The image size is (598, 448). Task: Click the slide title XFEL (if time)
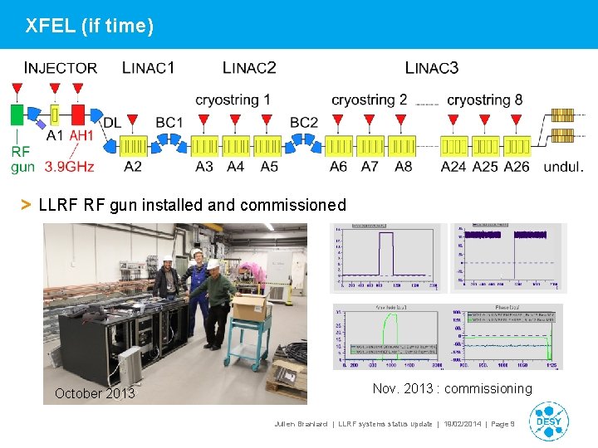pos(90,26)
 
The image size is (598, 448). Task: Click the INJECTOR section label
pos(61,68)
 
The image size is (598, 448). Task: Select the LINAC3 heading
pos(432,68)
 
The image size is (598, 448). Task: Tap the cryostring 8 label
pos(485,100)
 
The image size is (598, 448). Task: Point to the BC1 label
pos(169,123)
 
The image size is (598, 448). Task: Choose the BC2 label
pos(304,123)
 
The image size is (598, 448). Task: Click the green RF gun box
pos(16,114)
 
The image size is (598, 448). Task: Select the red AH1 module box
pos(79,114)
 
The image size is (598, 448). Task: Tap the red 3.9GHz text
pos(70,166)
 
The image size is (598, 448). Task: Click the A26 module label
pos(517,166)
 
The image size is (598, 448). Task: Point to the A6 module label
pos(338,166)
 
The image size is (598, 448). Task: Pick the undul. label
pos(564,166)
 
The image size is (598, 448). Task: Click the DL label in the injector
pos(112,123)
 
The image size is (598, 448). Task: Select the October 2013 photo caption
pos(95,393)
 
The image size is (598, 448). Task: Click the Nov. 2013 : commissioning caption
pos(453,388)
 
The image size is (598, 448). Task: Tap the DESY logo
pos(548,421)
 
